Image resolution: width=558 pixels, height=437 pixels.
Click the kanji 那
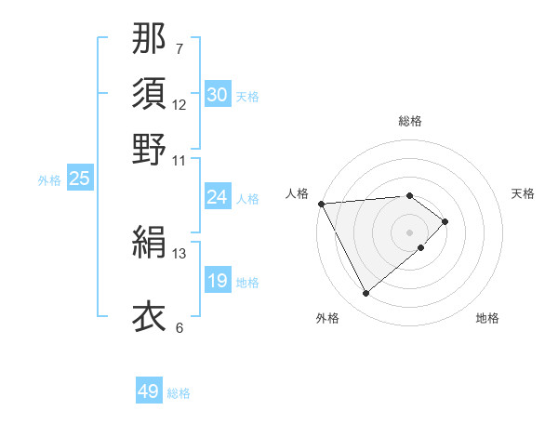[150, 39]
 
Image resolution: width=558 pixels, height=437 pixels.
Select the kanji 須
[150, 93]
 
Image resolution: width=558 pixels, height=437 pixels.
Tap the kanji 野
[150, 148]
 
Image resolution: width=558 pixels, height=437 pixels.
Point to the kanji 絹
[150, 244]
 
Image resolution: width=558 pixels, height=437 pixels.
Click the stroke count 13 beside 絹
[179, 253]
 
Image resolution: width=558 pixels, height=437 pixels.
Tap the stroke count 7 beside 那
[179, 48]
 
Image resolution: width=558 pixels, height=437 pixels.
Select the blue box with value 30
[217, 95]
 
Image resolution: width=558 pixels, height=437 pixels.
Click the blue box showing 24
[217, 197]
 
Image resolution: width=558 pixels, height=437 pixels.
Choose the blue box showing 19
[217, 281]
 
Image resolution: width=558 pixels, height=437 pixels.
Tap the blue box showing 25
[79, 179]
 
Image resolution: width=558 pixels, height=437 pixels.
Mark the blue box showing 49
[149, 392]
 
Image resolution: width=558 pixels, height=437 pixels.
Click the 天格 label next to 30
[247, 97]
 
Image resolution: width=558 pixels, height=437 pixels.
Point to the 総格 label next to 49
[179, 394]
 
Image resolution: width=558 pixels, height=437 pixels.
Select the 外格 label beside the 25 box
[49, 180]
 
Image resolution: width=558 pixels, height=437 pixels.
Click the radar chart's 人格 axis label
[298, 193]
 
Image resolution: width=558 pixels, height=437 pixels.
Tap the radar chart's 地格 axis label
[487, 318]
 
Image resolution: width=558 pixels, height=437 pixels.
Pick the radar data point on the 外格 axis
[366, 294]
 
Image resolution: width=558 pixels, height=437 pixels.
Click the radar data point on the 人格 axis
[321, 203]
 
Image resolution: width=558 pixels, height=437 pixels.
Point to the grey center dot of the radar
[410, 232]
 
